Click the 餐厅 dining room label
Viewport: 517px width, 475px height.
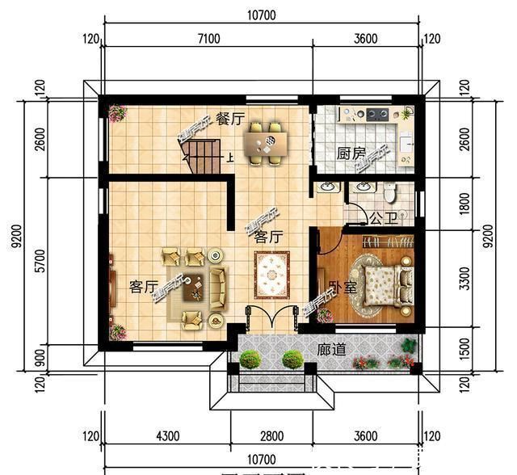(x=230, y=120)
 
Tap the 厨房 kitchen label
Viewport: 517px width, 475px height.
(x=351, y=153)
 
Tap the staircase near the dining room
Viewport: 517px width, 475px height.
(x=203, y=158)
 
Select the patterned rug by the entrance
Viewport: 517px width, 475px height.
(x=271, y=275)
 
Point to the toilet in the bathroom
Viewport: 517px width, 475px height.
(x=389, y=192)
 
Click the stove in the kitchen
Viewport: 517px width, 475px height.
(x=376, y=114)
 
